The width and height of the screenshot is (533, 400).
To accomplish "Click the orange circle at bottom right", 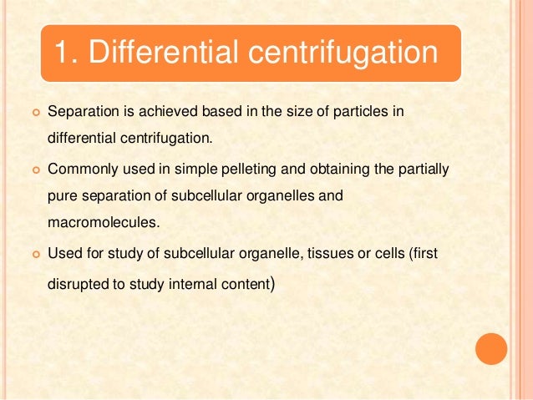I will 491,349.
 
